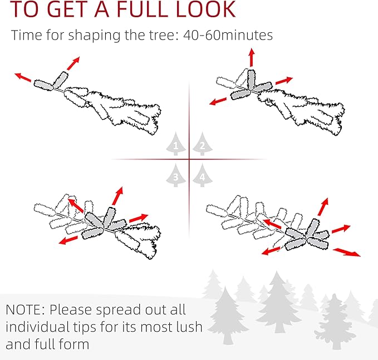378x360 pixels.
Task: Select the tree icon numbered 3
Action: [176, 175]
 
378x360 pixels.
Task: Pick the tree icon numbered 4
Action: [203, 175]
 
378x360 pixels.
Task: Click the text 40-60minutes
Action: [228, 35]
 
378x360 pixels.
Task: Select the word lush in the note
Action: [189, 327]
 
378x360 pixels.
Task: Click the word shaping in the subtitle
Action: [94, 36]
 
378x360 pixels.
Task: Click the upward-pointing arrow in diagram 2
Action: [252, 57]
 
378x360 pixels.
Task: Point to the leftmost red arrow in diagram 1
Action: [23, 77]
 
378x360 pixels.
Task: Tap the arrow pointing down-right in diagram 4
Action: [347, 252]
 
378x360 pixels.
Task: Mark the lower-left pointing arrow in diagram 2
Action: [218, 101]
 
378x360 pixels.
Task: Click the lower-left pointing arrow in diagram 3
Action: [68, 240]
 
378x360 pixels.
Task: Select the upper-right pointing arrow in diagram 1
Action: [73, 63]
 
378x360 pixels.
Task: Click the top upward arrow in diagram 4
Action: [323, 207]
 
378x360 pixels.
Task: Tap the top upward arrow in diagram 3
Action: [117, 196]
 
